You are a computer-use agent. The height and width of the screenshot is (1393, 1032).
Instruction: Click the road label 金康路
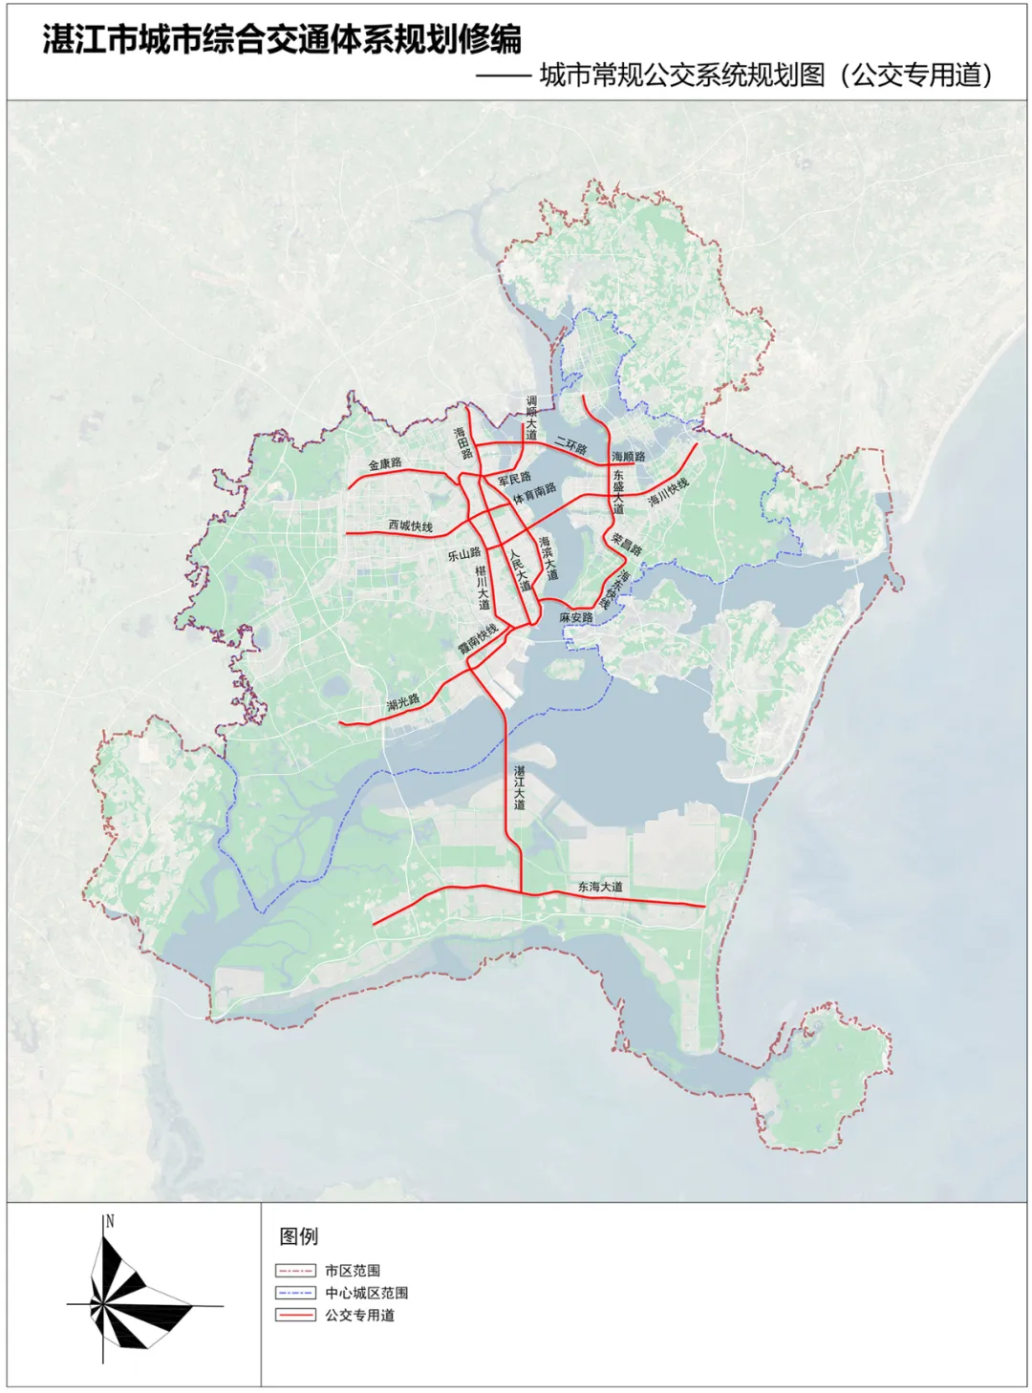[385, 464]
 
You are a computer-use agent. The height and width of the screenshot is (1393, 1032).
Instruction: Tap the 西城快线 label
[411, 526]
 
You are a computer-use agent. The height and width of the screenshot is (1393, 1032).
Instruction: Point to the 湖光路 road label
[403, 703]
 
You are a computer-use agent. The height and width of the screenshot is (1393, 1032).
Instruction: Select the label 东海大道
[600, 888]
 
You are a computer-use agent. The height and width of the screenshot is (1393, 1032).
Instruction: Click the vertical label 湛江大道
[519, 787]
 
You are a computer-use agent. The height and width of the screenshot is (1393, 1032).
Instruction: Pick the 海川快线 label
[668, 492]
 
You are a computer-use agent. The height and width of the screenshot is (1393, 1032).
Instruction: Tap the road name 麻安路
[576, 618]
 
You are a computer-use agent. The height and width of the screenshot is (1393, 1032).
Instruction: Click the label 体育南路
[534, 493]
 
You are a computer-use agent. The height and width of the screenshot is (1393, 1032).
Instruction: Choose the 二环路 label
[571, 445]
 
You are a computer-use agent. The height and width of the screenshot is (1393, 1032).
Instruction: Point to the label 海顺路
[629, 457]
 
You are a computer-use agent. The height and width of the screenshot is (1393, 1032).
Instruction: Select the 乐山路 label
[464, 554]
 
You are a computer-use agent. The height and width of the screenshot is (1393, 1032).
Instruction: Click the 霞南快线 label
[478, 639]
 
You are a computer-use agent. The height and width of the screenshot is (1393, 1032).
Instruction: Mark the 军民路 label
[514, 479]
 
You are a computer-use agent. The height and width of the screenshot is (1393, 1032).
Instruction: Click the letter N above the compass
[110, 1221]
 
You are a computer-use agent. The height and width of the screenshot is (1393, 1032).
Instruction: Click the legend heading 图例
[298, 1236]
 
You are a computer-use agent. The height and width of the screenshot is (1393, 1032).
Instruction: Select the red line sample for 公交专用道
[295, 1316]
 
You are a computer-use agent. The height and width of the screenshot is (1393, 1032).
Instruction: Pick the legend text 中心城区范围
[366, 1293]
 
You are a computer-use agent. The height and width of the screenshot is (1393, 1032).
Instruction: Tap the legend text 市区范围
[353, 1271]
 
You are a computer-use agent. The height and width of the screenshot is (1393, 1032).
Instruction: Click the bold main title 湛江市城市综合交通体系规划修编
[282, 39]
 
